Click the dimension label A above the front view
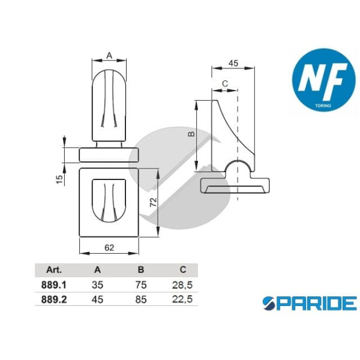point(109,55)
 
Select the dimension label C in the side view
point(224,83)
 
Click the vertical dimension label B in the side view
point(191,135)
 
